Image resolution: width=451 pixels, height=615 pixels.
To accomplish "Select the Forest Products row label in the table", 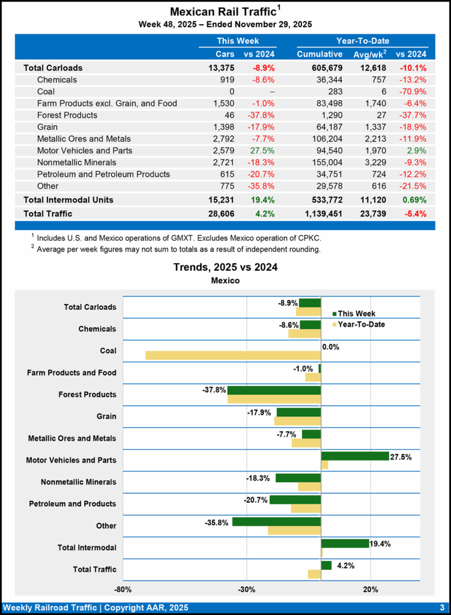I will click(x=67, y=115).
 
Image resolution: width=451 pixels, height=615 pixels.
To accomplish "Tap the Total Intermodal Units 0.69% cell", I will click(x=411, y=199).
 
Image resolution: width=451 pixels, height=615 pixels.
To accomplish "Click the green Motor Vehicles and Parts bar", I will click(x=355, y=456).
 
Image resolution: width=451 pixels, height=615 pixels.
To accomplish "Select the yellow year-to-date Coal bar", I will click(x=233, y=355).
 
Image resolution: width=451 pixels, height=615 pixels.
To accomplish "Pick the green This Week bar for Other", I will click(x=276, y=521).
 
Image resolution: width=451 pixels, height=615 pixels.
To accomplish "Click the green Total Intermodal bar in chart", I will click(x=345, y=543).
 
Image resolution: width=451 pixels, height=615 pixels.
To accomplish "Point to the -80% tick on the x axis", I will click(x=123, y=589).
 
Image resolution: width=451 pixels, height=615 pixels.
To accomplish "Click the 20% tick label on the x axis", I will click(x=371, y=589).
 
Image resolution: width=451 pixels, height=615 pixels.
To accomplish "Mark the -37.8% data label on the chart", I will click(x=214, y=390).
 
